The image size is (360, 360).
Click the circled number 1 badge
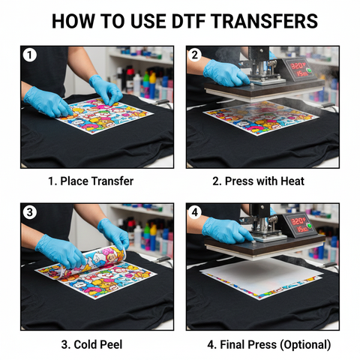tap(31, 55)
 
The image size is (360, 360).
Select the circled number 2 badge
tap(195, 55)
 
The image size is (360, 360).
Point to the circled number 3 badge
tap(31, 212)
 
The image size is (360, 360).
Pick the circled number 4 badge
tap(195, 212)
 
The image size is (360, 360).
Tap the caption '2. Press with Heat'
tap(259, 181)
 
